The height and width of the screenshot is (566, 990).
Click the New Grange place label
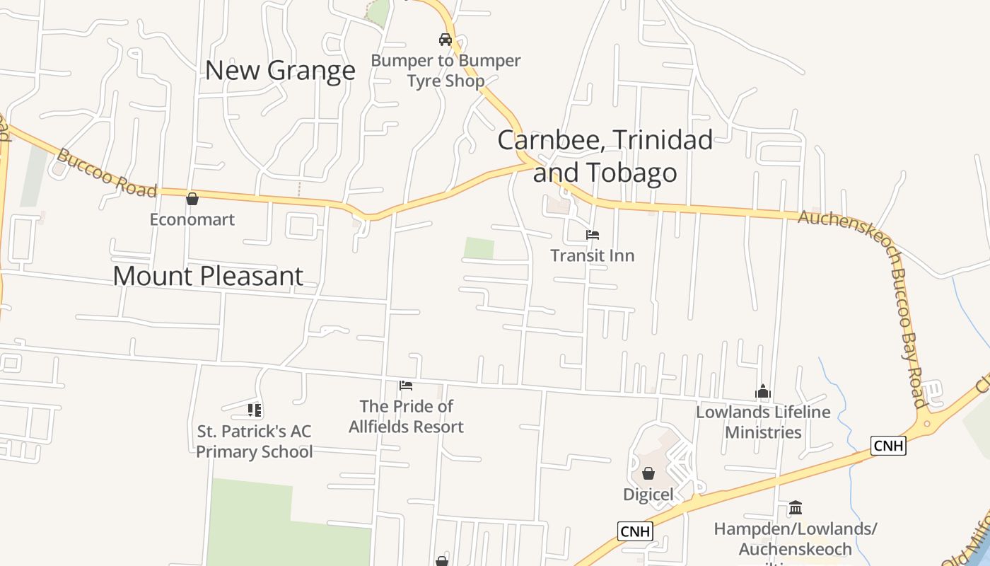pos(280,71)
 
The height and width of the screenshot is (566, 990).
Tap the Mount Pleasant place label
pos(208,276)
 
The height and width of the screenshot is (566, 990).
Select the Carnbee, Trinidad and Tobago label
pos(605,156)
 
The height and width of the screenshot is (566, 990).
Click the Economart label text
pos(192,219)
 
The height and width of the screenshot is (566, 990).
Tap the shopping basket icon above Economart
pos(192,199)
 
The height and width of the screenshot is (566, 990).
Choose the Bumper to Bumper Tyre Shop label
pos(445,71)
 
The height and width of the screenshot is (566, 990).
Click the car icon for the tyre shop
pos(445,40)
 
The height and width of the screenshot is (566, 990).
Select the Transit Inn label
pos(593,255)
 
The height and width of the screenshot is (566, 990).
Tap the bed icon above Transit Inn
pos(593,234)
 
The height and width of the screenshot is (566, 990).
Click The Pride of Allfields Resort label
pos(406,417)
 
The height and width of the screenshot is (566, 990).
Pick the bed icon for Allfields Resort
pos(406,386)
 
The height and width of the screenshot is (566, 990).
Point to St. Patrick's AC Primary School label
pos(255,441)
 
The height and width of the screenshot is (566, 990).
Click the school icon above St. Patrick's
pos(255,410)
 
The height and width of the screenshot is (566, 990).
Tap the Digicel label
pos(648,495)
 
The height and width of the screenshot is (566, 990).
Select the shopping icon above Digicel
pos(648,473)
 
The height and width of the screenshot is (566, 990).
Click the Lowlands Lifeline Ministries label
pos(763,422)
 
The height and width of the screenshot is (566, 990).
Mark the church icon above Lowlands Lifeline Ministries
pos(763,391)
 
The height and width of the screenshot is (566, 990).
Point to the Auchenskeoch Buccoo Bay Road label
pos(884,283)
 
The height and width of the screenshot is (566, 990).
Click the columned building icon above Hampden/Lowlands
pos(796,508)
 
